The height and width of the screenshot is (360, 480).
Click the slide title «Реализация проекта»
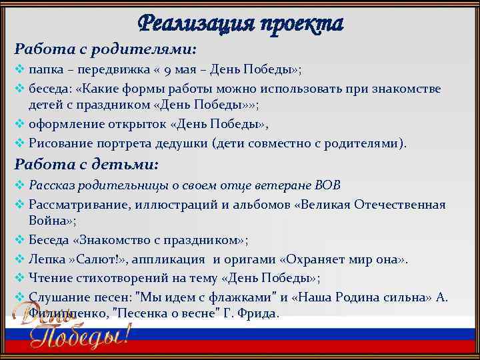pyautogui.click(x=241, y=23)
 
